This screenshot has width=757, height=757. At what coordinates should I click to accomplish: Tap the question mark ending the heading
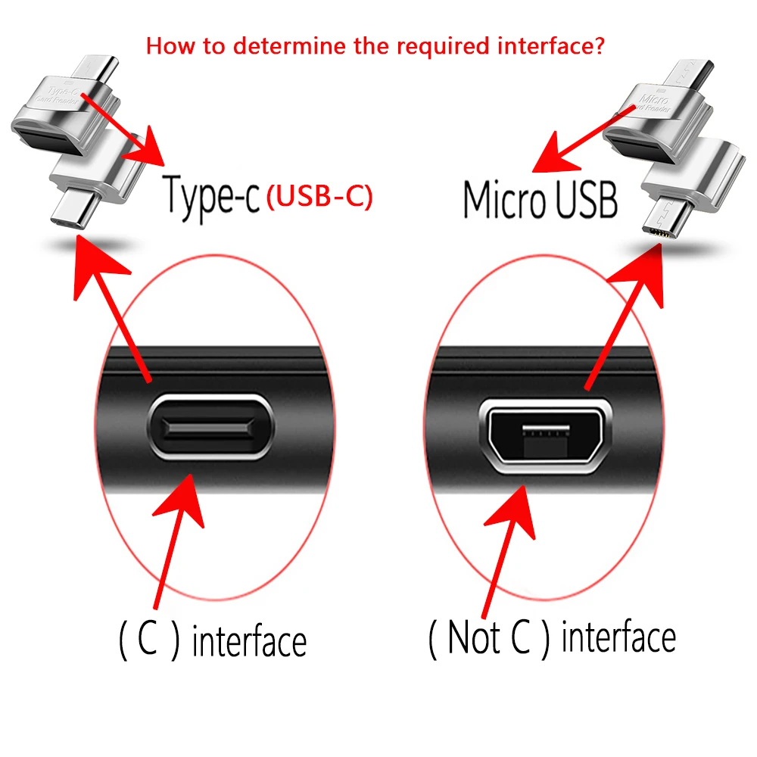click(x=599, y=46)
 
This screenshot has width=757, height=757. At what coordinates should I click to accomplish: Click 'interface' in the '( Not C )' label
click(x=618, y=638)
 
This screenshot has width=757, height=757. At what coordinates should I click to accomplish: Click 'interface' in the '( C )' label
click(x=249, y=643)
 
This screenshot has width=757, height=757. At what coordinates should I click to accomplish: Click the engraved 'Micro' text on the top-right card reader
click(x=653, y=98)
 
